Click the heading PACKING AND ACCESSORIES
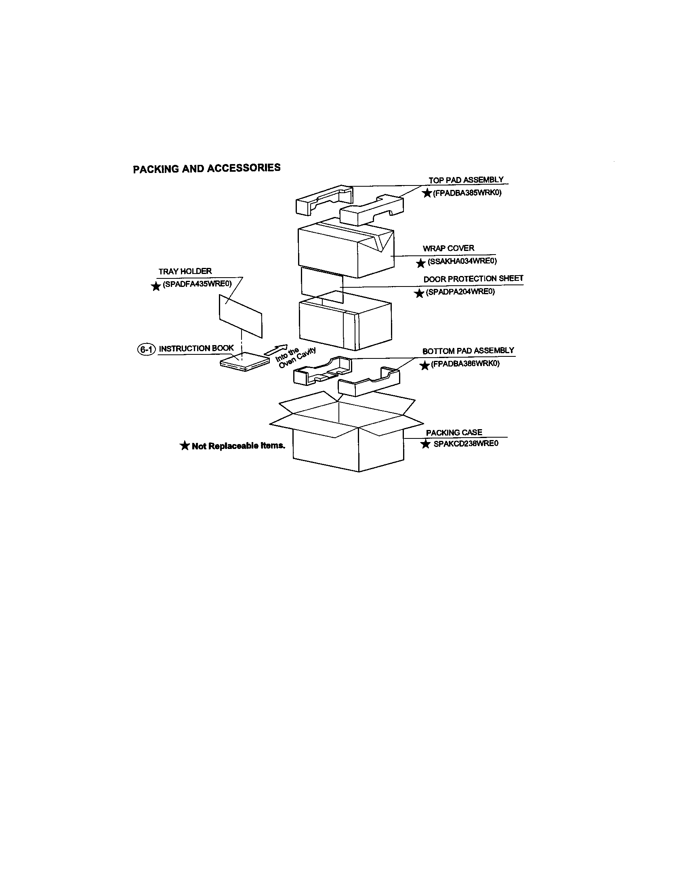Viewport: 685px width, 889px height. tap(207, 168)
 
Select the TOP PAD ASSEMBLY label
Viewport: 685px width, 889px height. tap(466, 180)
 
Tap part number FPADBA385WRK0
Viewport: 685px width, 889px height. tap(467, 192)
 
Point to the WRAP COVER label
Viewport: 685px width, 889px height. tap(448, 248)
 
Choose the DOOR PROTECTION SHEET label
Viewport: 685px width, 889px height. tap(473, 279)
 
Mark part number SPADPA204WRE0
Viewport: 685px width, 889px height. tap(460, 292)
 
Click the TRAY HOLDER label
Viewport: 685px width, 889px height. tap(185, 271)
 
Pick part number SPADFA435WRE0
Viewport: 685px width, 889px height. tap(197, 284)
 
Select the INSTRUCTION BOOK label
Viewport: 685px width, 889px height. tap(196, 348)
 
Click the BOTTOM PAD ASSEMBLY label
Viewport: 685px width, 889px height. tap(468, 351)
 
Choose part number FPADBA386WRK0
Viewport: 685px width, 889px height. tap(465, 364)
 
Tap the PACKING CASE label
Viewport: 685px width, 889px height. tap(454, 432)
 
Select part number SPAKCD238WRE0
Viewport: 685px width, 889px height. tap(466, 444)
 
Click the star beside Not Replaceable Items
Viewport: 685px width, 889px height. tap(185, 446)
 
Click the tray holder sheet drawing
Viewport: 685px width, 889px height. tap(240, 316)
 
